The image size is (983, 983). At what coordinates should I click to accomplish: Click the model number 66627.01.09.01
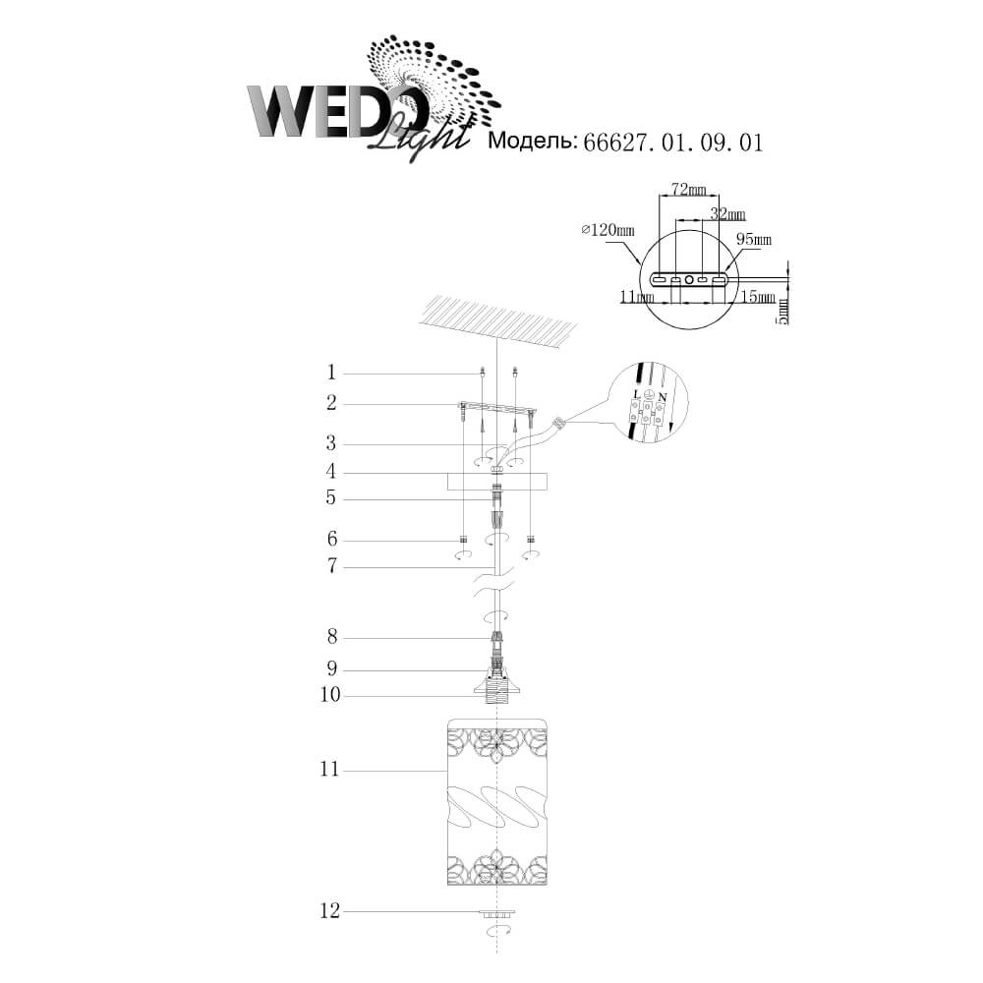673,143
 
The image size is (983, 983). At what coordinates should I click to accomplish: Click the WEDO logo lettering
337,112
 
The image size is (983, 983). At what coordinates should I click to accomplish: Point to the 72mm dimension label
688,189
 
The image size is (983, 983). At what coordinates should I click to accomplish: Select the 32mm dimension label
727,214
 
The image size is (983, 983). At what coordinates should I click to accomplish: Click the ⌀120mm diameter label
608,230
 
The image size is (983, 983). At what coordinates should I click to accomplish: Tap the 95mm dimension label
754,240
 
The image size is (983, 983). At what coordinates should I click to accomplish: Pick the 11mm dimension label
637,297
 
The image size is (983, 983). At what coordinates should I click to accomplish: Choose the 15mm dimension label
758,297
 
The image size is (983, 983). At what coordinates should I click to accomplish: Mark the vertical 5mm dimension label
781,312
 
